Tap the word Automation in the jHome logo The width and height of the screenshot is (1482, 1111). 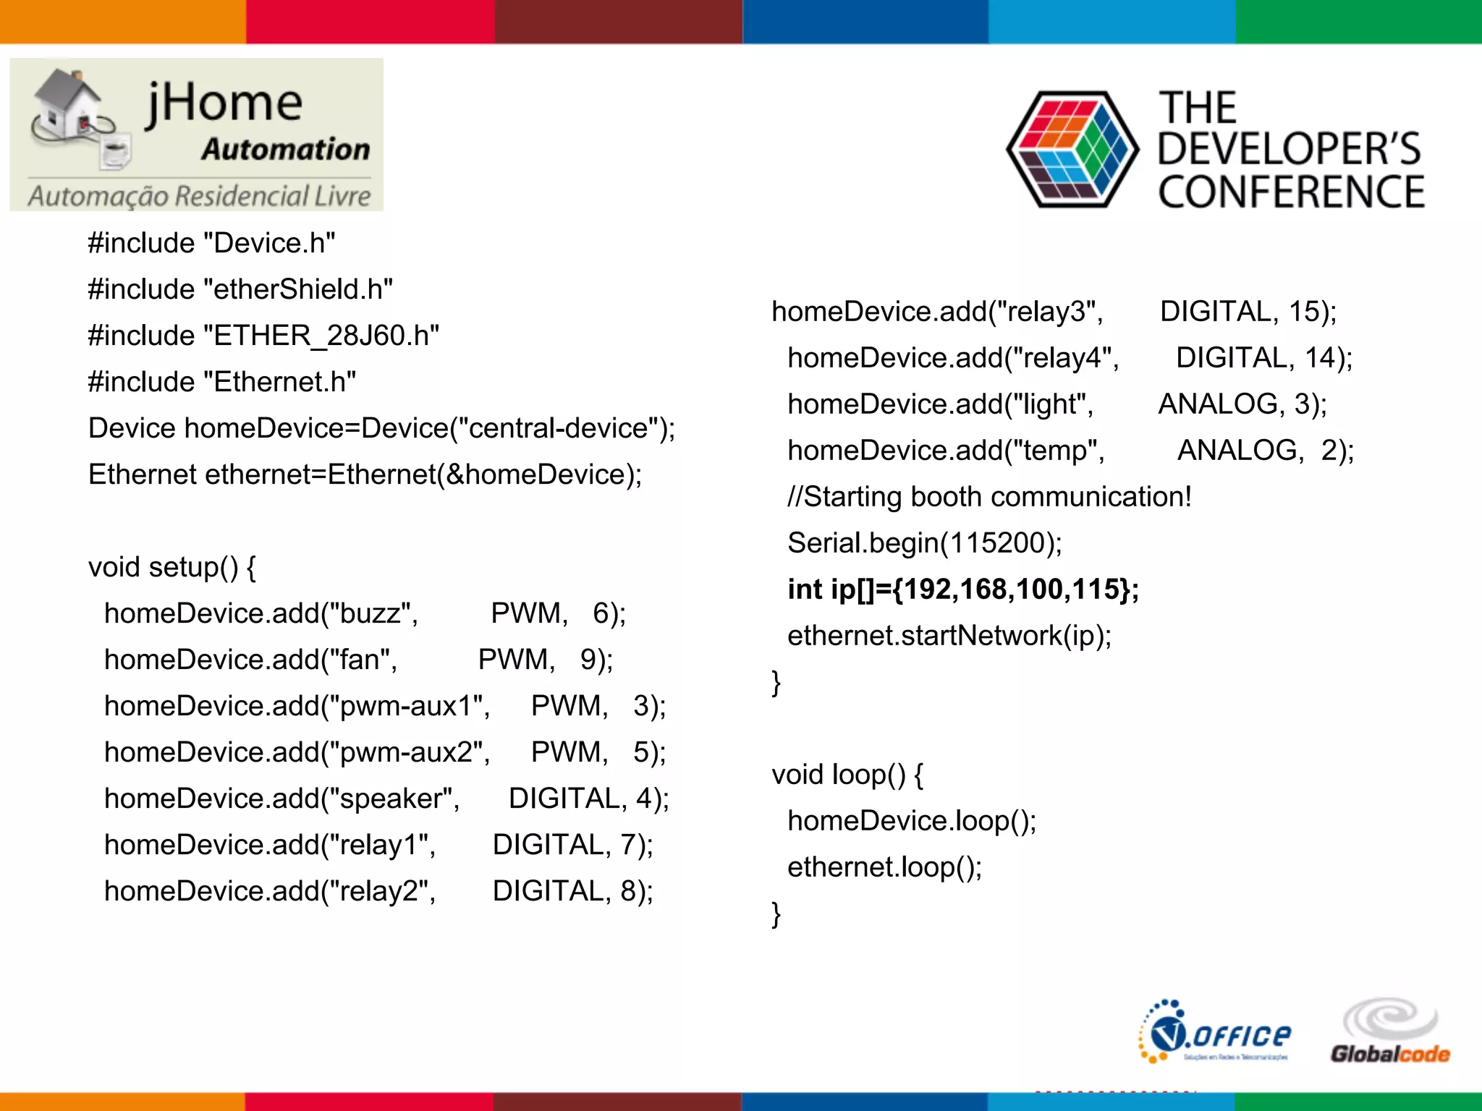[x=286, y=149]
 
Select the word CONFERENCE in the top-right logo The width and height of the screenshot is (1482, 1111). [x=1291, y=192]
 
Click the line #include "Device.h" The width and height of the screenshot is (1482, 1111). [x=211, y=243]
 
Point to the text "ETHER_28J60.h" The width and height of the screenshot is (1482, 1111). [x=326, y=336]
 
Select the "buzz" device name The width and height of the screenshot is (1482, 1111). [x=369, y=613]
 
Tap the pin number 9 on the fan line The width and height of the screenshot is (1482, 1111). [x=589, y=660]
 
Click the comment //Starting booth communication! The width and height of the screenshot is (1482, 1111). [x=989, y=497]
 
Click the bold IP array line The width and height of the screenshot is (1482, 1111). [x=962, y=589]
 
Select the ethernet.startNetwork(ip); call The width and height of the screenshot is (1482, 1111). [x=949, y=636]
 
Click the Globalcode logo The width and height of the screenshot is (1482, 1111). [x=1390, y=1033]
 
